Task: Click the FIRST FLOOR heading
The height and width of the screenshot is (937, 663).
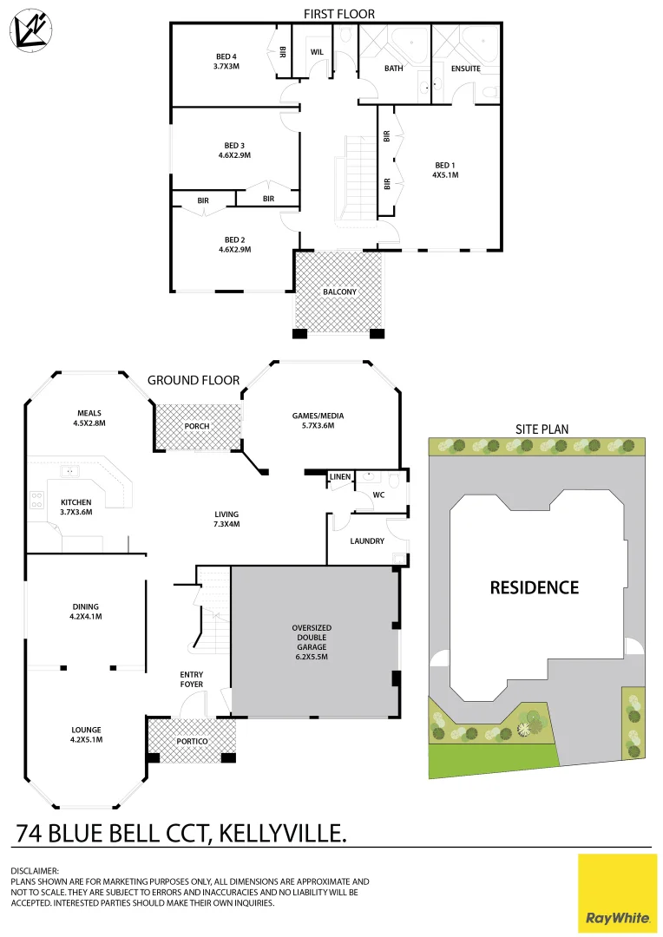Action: click(x=338, y=13)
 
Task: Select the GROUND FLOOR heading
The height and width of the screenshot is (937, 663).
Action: click(x=193, y=380)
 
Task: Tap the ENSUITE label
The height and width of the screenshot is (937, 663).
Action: click(x=466, y=69)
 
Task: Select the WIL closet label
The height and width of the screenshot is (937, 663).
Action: click(x=317, y=53)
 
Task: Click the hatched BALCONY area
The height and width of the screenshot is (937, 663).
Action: click(x=339, y=292)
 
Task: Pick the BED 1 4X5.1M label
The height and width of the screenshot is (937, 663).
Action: click(x=445, y=169)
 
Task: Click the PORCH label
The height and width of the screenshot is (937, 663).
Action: click(x=197, y=427)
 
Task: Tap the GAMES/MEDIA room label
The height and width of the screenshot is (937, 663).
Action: click(x=313, y=421)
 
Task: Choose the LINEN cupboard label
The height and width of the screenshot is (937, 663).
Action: click(x=339, y=477)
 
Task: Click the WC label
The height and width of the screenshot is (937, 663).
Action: click(x=378, y=495)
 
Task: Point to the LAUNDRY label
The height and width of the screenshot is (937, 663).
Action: click(x=367, y=541)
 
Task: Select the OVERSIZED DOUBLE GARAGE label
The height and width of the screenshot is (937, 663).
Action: click(x=312, y=642)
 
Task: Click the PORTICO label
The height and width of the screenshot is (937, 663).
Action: click(x=192, y=742)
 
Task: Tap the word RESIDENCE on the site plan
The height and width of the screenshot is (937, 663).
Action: click(x=534, y=587)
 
